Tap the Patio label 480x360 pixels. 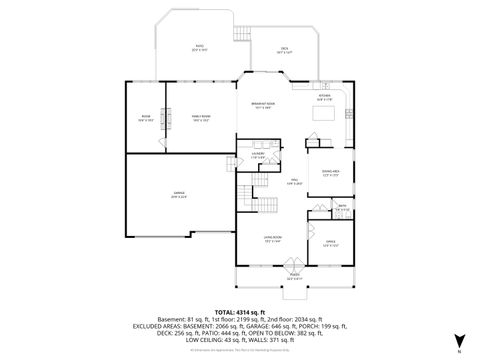tap(198, 47)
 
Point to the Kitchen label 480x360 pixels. tap(324, 98)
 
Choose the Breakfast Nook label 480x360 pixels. tap(263, 104)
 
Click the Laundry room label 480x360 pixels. tap(257, 155)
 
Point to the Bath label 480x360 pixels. tap(341, 209)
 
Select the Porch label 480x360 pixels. tap(294, 276)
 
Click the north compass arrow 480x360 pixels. tap(457, 341)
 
